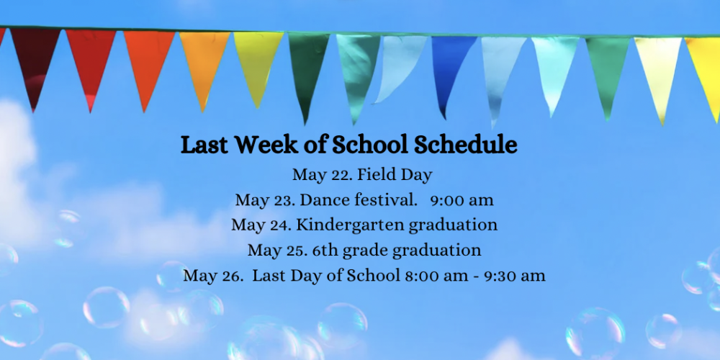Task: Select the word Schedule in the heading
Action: tap(466, 145)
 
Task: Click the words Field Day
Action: tap(395, 175)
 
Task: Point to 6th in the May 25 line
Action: tap(325, 251)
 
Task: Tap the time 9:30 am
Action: tap(516, 276)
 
